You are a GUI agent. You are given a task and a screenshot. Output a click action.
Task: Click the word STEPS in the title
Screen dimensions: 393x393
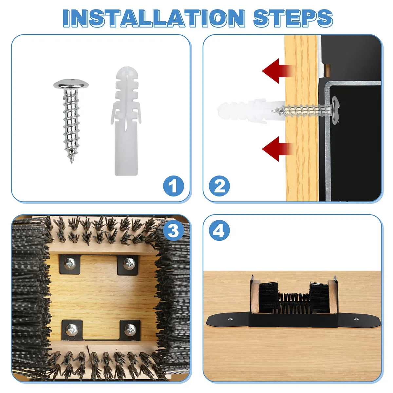tap(293, 18)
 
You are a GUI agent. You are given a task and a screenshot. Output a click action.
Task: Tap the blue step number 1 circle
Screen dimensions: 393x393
tap(173, 186)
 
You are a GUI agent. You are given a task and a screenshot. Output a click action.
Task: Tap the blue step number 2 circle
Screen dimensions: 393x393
tap(219, 186)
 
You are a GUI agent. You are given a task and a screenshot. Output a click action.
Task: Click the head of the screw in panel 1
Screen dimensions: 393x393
tap(71, 84)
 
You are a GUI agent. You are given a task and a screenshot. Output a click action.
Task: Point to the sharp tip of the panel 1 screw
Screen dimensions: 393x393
tap(72, 163)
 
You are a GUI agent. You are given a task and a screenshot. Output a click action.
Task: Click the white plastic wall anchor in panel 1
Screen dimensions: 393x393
tap(126, 121)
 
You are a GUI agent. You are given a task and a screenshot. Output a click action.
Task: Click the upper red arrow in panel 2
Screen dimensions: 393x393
tap(277, 71)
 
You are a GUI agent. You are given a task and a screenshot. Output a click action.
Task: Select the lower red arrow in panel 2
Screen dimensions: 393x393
tap(277, 149)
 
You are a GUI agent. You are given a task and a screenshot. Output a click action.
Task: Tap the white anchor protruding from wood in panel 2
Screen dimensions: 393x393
tap(251, 110)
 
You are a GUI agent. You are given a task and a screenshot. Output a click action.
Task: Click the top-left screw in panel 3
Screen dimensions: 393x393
tap(70, 264)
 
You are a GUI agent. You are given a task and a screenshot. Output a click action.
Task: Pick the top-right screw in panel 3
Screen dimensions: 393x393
tap(129, 264)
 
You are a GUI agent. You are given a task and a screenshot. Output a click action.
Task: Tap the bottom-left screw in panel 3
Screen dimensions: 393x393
tap(72, 329)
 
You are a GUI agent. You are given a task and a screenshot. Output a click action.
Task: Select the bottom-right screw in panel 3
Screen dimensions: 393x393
tap(130, 329)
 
